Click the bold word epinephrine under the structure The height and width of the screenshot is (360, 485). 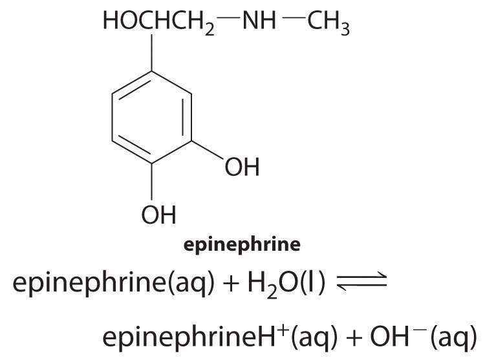tap(242, 245)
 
